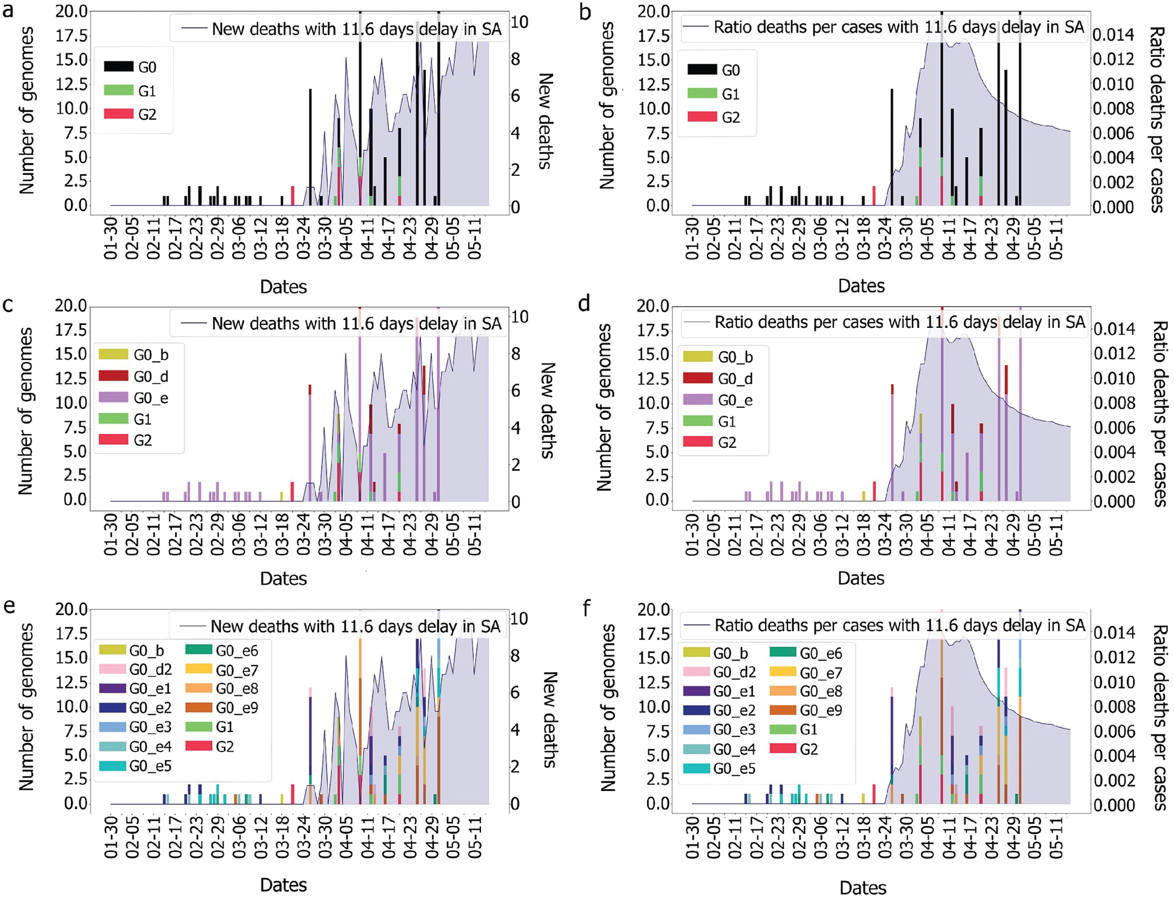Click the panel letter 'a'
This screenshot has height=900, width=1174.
click(8, 11)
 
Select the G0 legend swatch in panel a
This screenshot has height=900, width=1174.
click(119, 67)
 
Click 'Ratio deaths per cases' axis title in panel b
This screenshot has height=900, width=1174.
click(1156, 119)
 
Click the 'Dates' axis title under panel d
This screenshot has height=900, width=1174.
click(860, 578)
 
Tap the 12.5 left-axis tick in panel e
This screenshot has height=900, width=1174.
click(71, 682)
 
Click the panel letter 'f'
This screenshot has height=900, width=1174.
click(586, 607)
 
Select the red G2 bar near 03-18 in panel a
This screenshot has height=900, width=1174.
click(293, 196)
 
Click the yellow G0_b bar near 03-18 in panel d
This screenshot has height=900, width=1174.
click(863, 495)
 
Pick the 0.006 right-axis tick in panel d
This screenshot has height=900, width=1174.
click(1114, 428)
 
